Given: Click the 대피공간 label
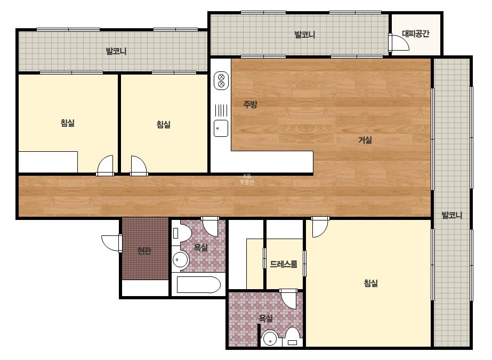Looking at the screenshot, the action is click(x=415, y=34).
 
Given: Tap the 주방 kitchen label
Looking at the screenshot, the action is click(x=250, y=104).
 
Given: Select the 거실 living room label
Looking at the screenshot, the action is click(x=365, y=140).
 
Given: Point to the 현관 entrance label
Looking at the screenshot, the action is click(x=144, y=250).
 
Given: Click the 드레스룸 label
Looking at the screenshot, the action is click(x=284, y=264).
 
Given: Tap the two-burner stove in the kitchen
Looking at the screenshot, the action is click(x=221, y=80).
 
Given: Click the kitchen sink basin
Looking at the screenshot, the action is click(x=221, y=128).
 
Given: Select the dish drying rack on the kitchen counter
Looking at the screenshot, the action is click(x=221, y=110).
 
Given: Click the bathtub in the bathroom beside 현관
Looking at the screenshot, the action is click(x=199, y=285).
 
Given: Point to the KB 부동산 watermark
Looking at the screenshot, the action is click(x=247, y=179).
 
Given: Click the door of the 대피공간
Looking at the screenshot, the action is click(x=399, y=42).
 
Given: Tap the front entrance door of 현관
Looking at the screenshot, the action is click(x=112, y=243).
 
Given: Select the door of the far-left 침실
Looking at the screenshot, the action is click(x=105, y=165).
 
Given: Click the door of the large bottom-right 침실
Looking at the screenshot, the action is click(x=320, y=227).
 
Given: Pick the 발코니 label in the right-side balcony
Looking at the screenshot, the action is click(x=451, y=215).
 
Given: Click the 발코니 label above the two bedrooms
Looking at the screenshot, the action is click(x=116, y=51).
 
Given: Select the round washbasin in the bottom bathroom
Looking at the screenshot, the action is click(x=270, y=338).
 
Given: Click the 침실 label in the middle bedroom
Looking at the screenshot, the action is click(x=163, y=125).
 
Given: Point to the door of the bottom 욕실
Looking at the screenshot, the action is click(x=288, y=299).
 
